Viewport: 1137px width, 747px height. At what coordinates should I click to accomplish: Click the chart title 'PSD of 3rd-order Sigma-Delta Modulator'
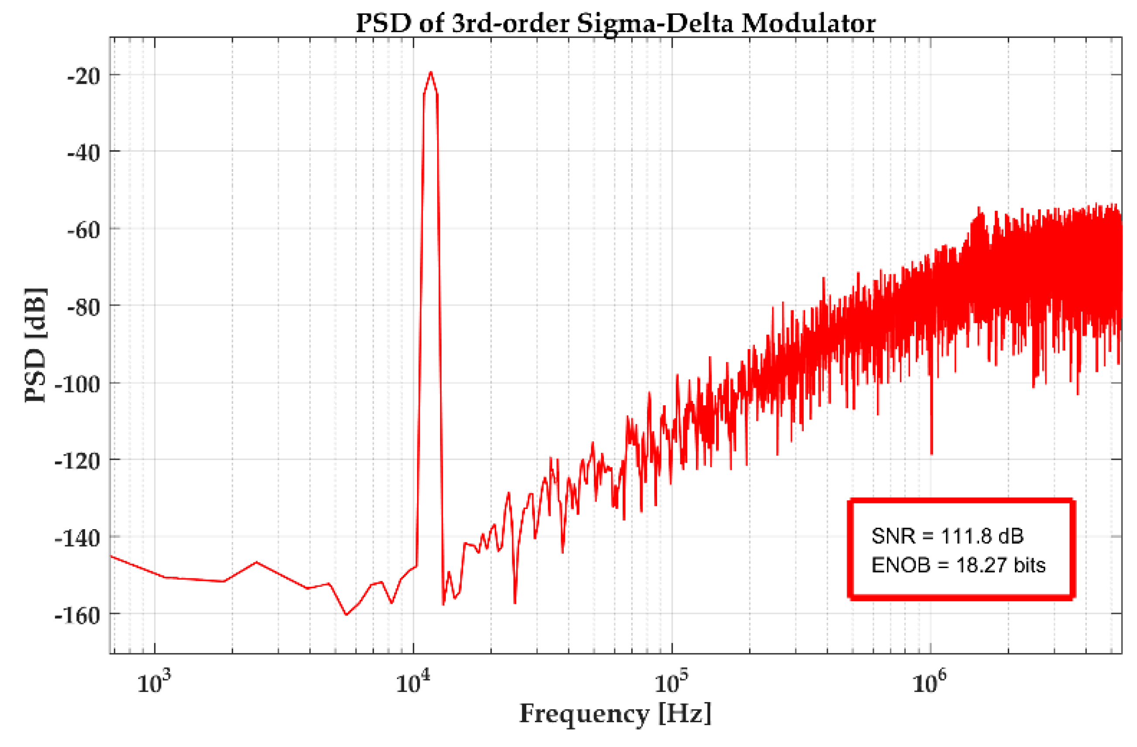615,23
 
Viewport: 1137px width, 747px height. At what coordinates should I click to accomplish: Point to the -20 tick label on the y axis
84,76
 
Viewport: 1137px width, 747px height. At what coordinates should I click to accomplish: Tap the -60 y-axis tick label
84,230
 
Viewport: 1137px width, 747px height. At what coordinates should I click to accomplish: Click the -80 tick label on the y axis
84,307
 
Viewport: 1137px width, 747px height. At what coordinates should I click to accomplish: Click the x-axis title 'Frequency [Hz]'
615,715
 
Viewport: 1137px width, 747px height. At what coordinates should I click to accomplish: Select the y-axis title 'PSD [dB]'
36,345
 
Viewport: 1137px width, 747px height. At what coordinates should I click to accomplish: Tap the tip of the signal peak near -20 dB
431,72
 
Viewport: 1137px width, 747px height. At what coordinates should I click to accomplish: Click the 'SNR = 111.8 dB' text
947,536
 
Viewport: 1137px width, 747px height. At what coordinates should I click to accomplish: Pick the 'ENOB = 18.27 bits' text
958,565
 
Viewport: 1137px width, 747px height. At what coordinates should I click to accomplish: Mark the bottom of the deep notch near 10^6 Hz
931,454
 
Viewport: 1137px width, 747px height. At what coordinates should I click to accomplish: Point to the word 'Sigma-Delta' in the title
654,23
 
